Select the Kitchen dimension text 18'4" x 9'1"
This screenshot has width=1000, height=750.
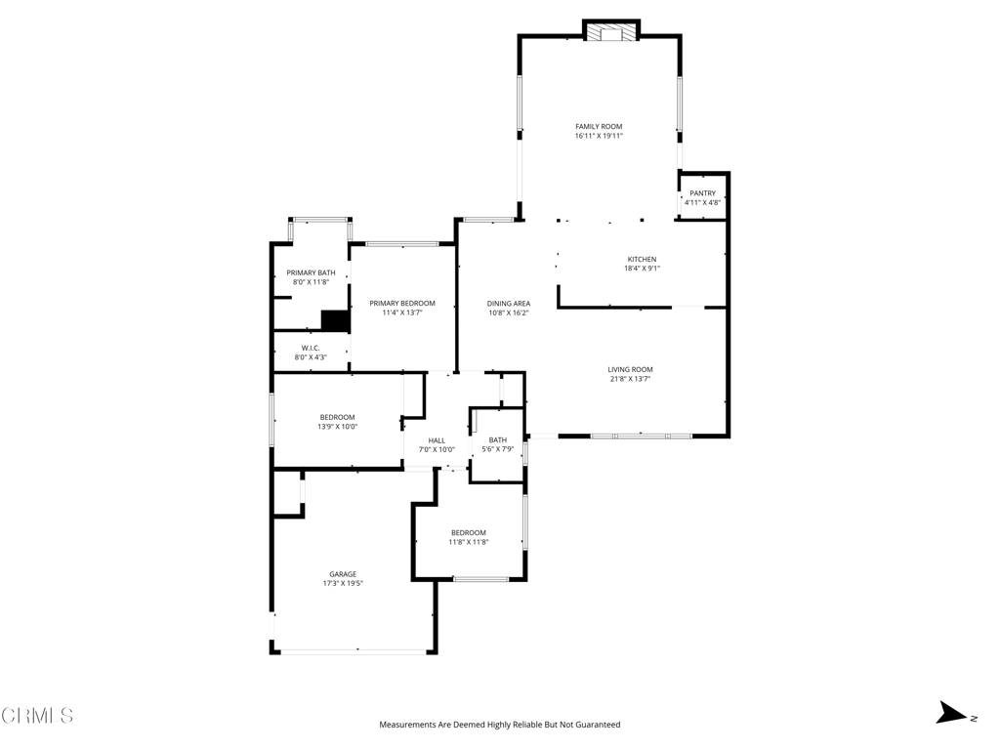coord(642,269)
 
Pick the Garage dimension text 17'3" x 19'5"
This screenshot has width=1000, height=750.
coord(343,583)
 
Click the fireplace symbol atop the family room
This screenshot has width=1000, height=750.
coord(611,32)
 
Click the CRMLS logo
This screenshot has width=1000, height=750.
coord(37,715)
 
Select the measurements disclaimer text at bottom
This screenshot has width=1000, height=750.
coord(499,725)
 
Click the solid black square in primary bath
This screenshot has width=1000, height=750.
coord(335,320)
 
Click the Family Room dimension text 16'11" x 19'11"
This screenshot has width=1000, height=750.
coord(599,136)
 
